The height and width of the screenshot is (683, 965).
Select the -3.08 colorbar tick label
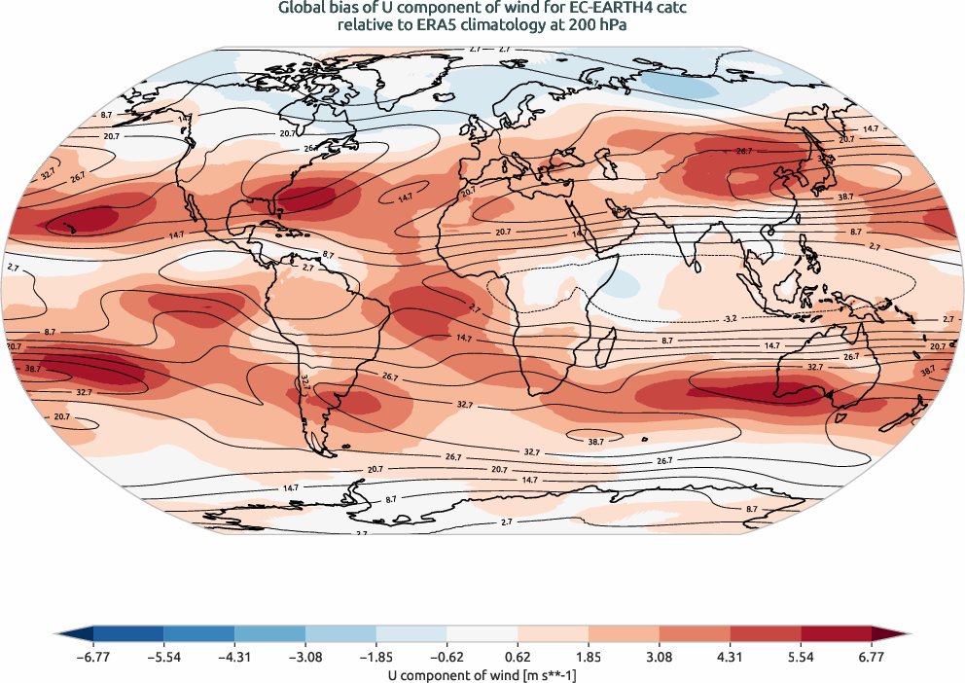point(304,658)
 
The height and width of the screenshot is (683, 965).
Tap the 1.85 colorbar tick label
point(590,658)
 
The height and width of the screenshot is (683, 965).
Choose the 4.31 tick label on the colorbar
point(732,658)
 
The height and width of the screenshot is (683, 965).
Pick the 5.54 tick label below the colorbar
point(803,658)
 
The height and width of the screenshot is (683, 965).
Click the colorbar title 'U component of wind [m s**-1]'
point(482,673)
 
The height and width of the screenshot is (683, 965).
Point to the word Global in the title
point(304,9)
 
